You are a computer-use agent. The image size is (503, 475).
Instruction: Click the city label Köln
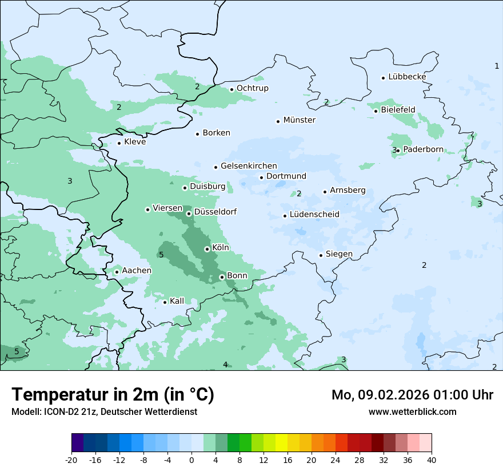221,248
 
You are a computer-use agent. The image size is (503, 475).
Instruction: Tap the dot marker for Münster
278,121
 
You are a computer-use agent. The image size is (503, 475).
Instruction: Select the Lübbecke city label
407,77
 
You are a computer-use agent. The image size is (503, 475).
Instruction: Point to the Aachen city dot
117,272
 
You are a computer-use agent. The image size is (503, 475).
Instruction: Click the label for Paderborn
423,149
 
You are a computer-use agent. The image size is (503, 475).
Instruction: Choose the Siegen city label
339,254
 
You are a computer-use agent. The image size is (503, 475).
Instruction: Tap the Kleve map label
135,142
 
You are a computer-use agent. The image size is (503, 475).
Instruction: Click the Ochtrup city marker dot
231,89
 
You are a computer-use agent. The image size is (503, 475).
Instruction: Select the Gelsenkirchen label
249,166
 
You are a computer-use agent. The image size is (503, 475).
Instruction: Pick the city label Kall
177,301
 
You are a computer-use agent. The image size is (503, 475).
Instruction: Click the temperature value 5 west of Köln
161,255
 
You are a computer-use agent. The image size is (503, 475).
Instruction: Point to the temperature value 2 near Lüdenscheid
299,193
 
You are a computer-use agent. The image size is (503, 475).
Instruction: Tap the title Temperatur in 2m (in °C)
113,394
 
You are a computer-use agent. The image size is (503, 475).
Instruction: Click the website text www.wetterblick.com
412,411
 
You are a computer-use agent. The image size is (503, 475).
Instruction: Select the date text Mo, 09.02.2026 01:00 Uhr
412,395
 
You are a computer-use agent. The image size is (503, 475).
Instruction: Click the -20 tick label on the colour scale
71,460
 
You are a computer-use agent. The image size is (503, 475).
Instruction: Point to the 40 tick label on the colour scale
432,460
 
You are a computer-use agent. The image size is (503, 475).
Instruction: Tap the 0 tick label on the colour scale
191,460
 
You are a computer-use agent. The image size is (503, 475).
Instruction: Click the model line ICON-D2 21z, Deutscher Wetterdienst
104,411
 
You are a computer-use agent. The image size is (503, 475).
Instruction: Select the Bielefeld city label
398,109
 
